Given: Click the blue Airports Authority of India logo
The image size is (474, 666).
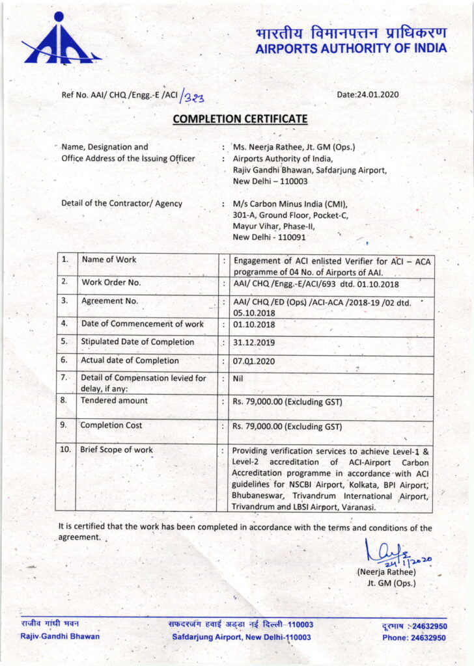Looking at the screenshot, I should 61,40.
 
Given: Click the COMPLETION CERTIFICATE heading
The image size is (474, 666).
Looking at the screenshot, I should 240,119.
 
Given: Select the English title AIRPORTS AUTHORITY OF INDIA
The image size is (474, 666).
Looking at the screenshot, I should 352,49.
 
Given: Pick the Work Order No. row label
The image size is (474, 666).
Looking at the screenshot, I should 111,283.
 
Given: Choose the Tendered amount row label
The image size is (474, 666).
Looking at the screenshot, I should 114,401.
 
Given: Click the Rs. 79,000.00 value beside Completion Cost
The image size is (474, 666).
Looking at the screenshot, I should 286,427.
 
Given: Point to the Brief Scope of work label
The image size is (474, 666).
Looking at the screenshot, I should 117,450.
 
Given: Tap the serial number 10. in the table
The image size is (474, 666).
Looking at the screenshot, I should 66,450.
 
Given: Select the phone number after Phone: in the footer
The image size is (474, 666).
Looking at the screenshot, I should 428,638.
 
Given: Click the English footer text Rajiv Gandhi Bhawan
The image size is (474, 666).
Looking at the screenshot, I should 60,636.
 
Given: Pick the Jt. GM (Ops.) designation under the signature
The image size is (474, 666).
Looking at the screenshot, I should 391,583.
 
